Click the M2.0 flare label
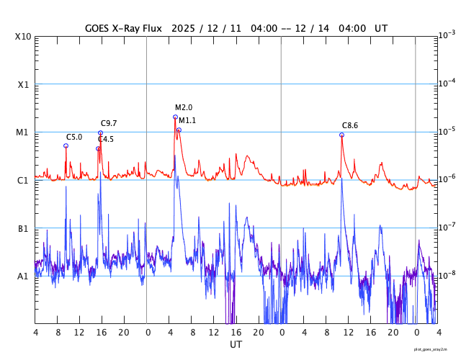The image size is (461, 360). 184,108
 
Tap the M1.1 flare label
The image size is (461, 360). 187,120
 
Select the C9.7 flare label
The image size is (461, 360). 109,124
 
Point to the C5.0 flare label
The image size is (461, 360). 74,138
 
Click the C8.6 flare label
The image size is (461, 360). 350,126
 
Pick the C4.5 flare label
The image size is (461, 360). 106,140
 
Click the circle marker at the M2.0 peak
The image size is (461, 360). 175,117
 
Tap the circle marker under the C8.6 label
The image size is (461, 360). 341,135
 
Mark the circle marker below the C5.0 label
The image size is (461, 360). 66,145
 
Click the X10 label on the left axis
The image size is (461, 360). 23,37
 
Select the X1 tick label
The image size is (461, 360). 23,85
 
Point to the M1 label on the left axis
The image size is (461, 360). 23,132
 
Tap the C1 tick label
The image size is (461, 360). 23,181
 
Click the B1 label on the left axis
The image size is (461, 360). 23,229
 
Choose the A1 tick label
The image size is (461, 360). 23,276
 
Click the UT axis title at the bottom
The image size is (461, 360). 236,345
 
